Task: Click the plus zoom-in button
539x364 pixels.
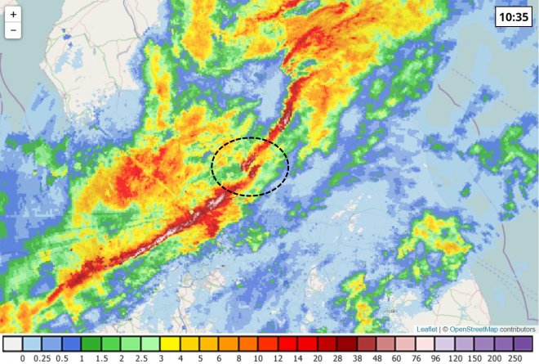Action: click(x=13, y=15)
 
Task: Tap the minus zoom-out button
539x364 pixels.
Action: click(x=13, y=31)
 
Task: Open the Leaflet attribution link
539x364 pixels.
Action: click(x=426, y=329)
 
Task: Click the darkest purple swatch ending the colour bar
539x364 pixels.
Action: click(x=523, y=344)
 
